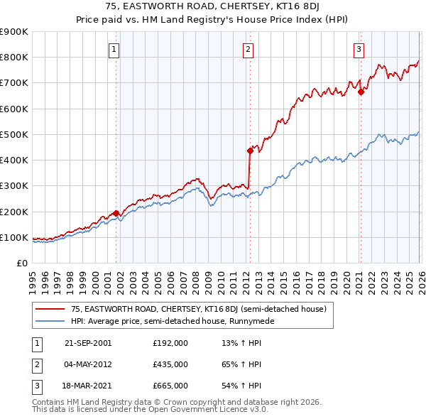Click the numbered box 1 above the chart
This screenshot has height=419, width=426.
click(114, 49)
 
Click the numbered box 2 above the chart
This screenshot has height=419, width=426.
click(248, 49)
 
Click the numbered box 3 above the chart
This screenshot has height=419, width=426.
click(359, 49)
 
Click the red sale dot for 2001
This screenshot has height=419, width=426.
click(116, 213)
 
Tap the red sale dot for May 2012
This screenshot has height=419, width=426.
click(250, 151)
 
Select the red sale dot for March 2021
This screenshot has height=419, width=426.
click(361, 92)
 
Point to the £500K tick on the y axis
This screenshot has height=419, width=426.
click(14, 134)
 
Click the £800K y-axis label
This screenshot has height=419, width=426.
click(14, 57)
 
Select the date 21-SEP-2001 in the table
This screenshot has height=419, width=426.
click(87, 343)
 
